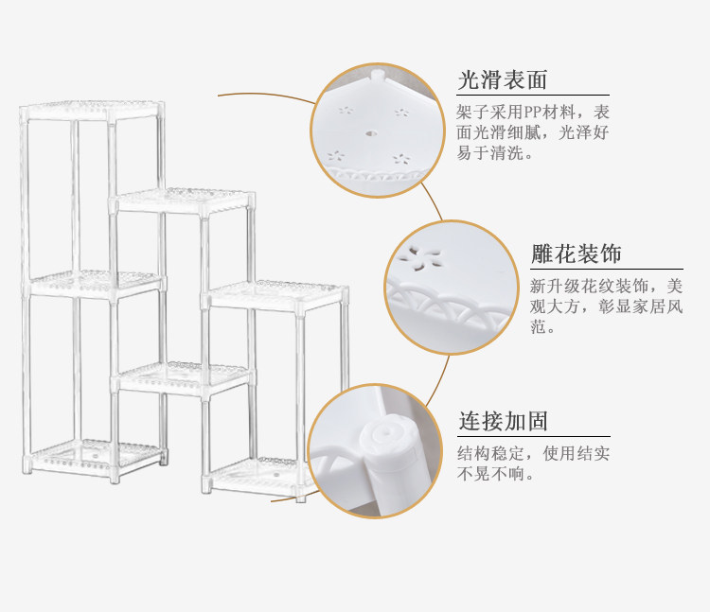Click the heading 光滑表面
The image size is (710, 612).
(502, 79)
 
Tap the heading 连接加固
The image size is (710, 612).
(503, 421)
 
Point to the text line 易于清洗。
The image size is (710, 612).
(495, 153)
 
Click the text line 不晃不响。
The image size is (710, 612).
(495, 473)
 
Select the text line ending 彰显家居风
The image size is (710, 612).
(606, 306)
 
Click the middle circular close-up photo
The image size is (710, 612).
(452, 288)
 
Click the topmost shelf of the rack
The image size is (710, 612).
(92, 112)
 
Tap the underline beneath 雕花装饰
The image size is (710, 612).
(606, 270)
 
